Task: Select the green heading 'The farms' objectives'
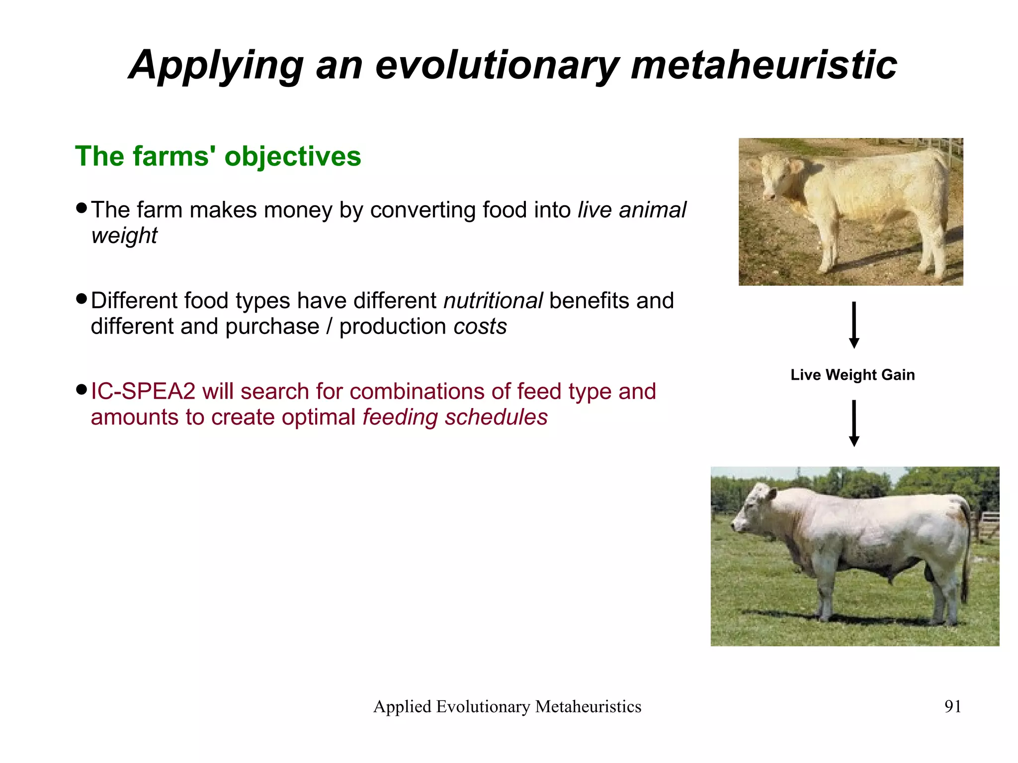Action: [218, 157]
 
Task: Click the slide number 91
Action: [952, 706]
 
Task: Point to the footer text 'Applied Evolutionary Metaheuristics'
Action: [507, 706]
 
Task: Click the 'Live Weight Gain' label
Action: [852, 375]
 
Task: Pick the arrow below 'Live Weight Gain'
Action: [854, 423]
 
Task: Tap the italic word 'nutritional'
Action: [493, 301]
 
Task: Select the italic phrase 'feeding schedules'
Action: [455, 418]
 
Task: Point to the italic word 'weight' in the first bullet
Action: [124, 236]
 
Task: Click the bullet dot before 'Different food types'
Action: [82, 299]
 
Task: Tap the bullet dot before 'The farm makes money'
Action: [82, 207]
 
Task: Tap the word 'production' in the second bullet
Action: [393, 327]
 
